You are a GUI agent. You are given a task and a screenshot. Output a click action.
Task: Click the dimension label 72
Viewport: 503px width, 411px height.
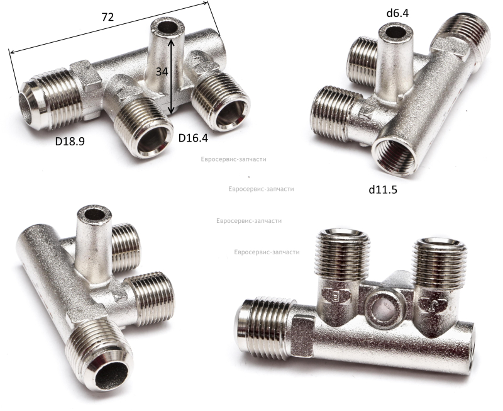pyautogui.click(x=108, y=17)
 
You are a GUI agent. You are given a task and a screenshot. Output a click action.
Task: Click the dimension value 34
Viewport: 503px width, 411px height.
pyautogui.click(x=162, y=72)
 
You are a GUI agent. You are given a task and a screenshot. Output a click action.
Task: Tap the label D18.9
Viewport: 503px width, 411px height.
pyautogui.click(x=70, y=141)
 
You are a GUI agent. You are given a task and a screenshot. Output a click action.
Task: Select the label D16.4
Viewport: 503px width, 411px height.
pyautogui.click(x=193, y=138)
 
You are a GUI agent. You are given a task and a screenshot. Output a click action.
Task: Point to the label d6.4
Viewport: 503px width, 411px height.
pyautogui.click(x=398, y=13)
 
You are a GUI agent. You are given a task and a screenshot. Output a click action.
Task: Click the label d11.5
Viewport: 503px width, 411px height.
pyautogui.click(x=383, y=190)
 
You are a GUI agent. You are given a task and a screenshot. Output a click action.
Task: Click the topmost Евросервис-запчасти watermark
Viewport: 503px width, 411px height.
pyautogui.click(x=233, y=159)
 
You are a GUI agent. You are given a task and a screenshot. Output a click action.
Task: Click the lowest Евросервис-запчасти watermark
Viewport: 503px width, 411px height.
pyautogui.click(x=267, y=252)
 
